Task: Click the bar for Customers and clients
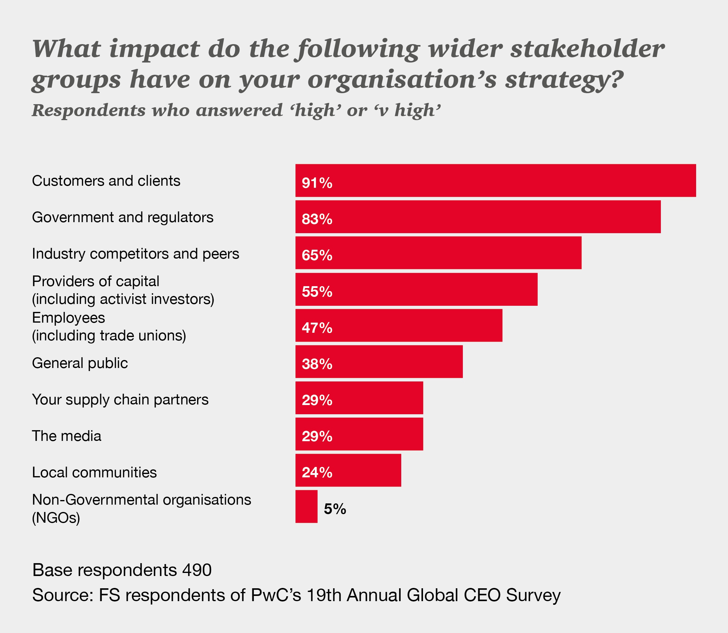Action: [495, 180]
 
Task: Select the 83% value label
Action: [317, 219]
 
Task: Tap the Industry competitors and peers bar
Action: [438, 253]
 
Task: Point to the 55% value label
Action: [317, 291]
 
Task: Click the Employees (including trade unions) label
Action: [109, 326]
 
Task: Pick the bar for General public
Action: [379, 362]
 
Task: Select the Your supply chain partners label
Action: [120, 400]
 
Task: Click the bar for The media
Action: [359, 434]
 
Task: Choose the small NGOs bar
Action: [307, 506]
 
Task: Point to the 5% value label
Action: [335, 509]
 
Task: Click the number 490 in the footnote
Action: [197, 570]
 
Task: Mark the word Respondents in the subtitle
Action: [88, 110]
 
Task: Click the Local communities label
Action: [94, 472]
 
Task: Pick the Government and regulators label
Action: [123, 217]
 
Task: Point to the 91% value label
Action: [317, 183]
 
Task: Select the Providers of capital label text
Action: [95, 282]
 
